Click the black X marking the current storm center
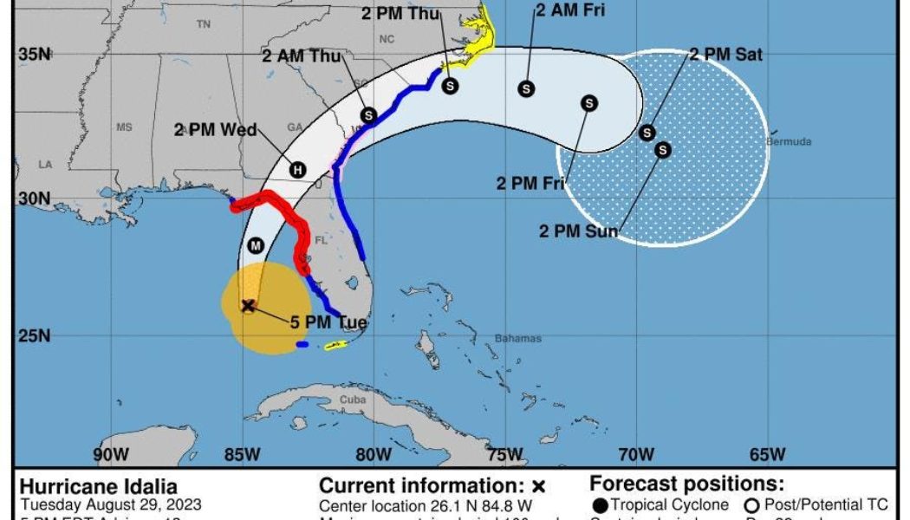click(248, 305)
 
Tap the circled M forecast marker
click(255, 245)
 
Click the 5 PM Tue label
click(329, 323)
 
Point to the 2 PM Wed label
click(215, 130)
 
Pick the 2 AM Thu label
click(302, 56)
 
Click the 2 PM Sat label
click(725, 55)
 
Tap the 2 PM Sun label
click(579, 231)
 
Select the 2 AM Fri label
click(569, 10)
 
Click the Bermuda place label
click(789, 141)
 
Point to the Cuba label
click(353, 400)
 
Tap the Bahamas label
click(517, 338)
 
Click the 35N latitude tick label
click(35, 55)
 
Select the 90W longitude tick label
click(111, 454)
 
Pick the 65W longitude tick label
click(767, 454)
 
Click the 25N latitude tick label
click(35, 335)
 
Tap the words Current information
click(422, 485)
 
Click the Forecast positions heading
click(686, 484)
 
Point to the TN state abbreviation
click(204, 24)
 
